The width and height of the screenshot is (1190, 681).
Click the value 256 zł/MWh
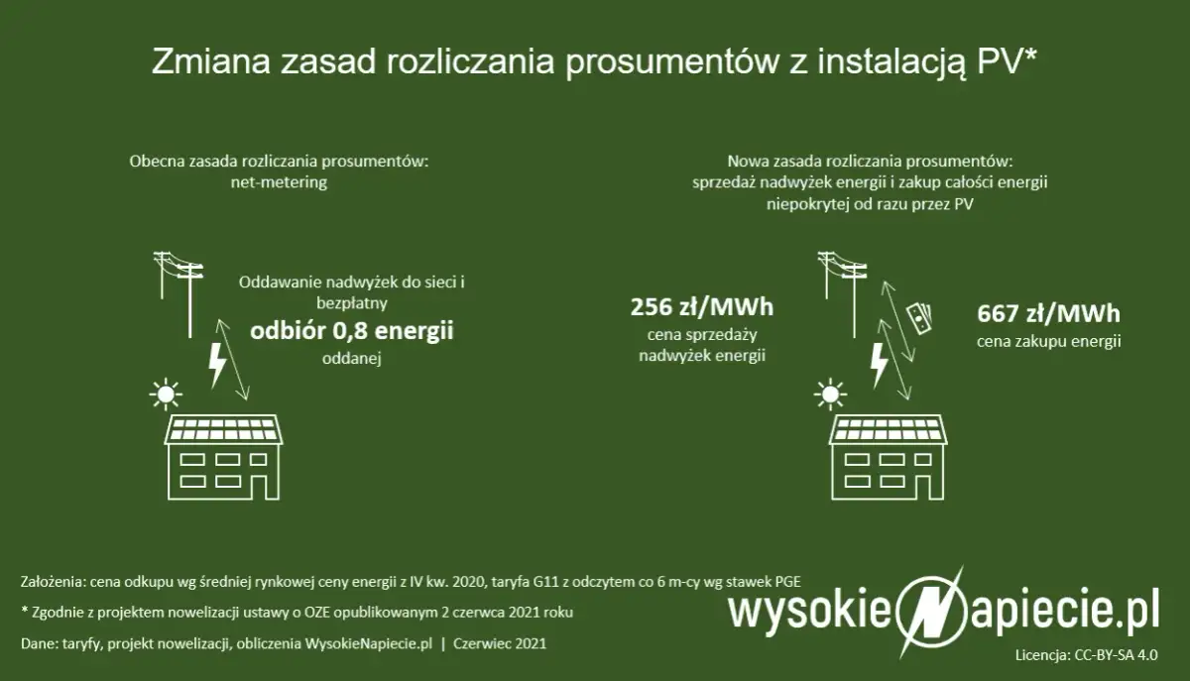coord(702,306)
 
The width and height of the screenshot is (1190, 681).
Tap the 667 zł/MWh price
coord(1048,313)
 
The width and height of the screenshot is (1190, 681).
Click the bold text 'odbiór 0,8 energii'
coord(351,331)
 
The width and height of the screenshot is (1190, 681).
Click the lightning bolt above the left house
coord(215,364)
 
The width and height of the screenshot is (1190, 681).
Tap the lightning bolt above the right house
coord(878,364)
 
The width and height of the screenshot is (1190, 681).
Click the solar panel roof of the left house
coord(224,429)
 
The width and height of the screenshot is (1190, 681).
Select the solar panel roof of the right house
coord(889,429)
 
